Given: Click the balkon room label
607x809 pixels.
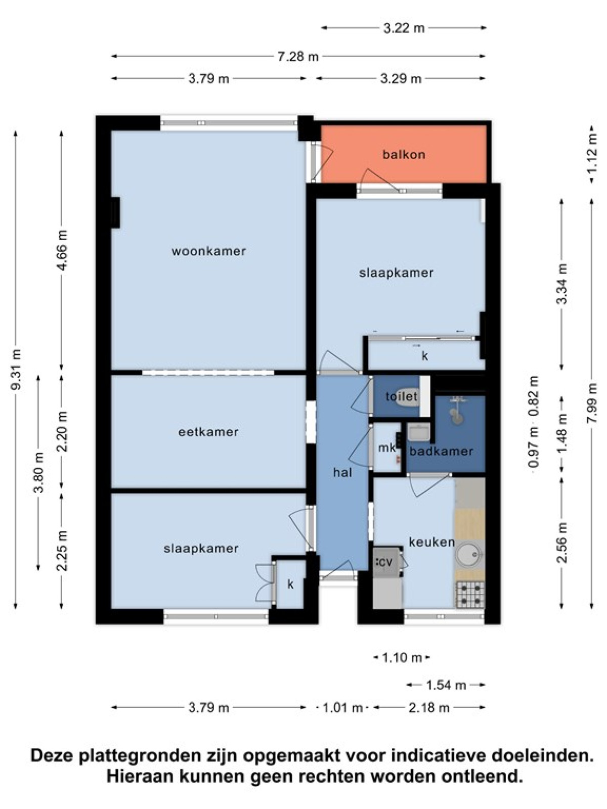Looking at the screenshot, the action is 404,154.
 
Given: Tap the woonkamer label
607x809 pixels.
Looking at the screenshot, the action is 208,251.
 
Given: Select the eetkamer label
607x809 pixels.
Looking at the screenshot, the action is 208,432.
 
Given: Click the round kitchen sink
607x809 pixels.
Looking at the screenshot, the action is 469,554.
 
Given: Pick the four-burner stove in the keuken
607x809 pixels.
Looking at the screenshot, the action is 470,594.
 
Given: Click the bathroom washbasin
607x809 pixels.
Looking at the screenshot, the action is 419,432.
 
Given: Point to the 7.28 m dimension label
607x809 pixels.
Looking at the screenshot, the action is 298,57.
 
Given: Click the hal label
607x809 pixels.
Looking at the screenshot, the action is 342,472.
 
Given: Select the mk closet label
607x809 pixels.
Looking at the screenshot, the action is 387,448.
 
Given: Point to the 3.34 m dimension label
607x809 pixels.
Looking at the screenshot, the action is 561,284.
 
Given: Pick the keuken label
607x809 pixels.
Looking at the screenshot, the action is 432,542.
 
